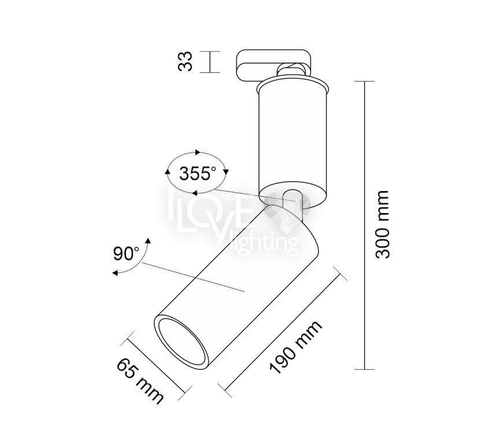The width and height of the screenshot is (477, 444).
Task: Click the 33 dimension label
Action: (x=185, y=61)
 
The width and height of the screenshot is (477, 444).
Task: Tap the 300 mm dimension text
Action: (x=382, y=225)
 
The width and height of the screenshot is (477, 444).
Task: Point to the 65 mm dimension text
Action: (x=140, y=381)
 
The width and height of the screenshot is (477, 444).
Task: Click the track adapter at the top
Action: (x=275, y=65)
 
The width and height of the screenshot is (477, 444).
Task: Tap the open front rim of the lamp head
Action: (x=182, y=342)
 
